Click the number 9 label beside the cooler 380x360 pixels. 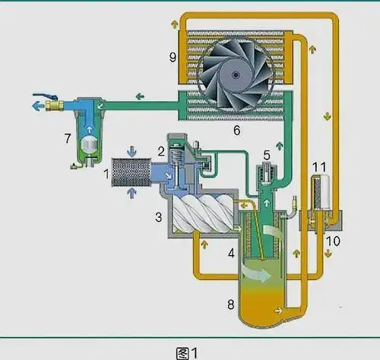[x=173, y=57]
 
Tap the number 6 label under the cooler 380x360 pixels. [x=236, y=130]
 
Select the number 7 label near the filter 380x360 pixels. [x=68, y=138]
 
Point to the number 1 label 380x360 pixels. [x=106, y=174]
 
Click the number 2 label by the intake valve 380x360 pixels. [x=161, y=151]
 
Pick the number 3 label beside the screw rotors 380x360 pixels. [x=159, y=217]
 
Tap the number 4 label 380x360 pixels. [x=231, y=253]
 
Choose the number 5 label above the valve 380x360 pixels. [x=267, y=155]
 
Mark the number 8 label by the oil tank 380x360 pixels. [x=231, y=304]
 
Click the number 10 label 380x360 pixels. [x=333, y=241]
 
